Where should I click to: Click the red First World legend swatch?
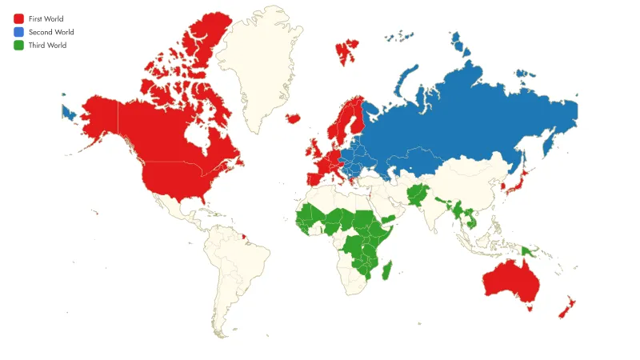(18, 18)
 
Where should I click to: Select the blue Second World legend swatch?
(18, 32)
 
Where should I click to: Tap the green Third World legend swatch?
(18, 46)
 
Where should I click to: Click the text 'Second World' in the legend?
(51, 32)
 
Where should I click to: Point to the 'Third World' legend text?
(47, 46)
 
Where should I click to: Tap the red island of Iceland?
(293, 118)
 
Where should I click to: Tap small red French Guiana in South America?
(242, 237)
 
